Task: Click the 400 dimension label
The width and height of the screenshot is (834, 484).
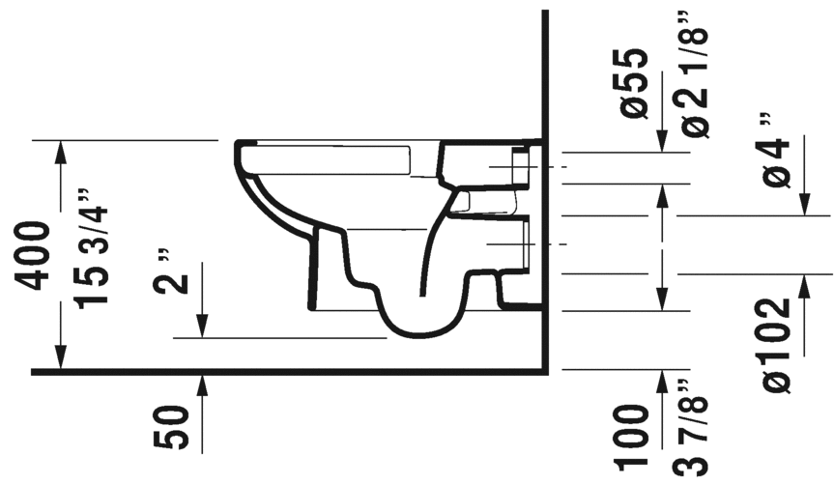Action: (33, 255)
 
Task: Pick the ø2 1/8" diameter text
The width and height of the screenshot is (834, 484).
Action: (695, 73)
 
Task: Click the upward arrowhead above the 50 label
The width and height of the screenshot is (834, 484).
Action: (203, 383)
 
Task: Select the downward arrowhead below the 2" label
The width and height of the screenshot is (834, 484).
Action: (203, 328)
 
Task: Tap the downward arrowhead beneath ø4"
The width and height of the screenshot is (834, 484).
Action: (804, 206)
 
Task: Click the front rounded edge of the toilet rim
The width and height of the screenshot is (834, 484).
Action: (239, 155)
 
